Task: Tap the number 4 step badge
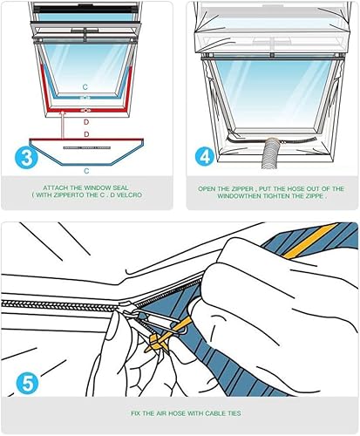[206, 156]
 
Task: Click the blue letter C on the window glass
[85, 86]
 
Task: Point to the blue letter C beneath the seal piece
[86, 171]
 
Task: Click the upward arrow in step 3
[63, 124]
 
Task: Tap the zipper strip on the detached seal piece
[87, 147]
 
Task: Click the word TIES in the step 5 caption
[234, 413]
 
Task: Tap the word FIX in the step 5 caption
[136, 413]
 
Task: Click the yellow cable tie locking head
[156, 340]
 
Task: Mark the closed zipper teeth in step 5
[60, 305]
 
